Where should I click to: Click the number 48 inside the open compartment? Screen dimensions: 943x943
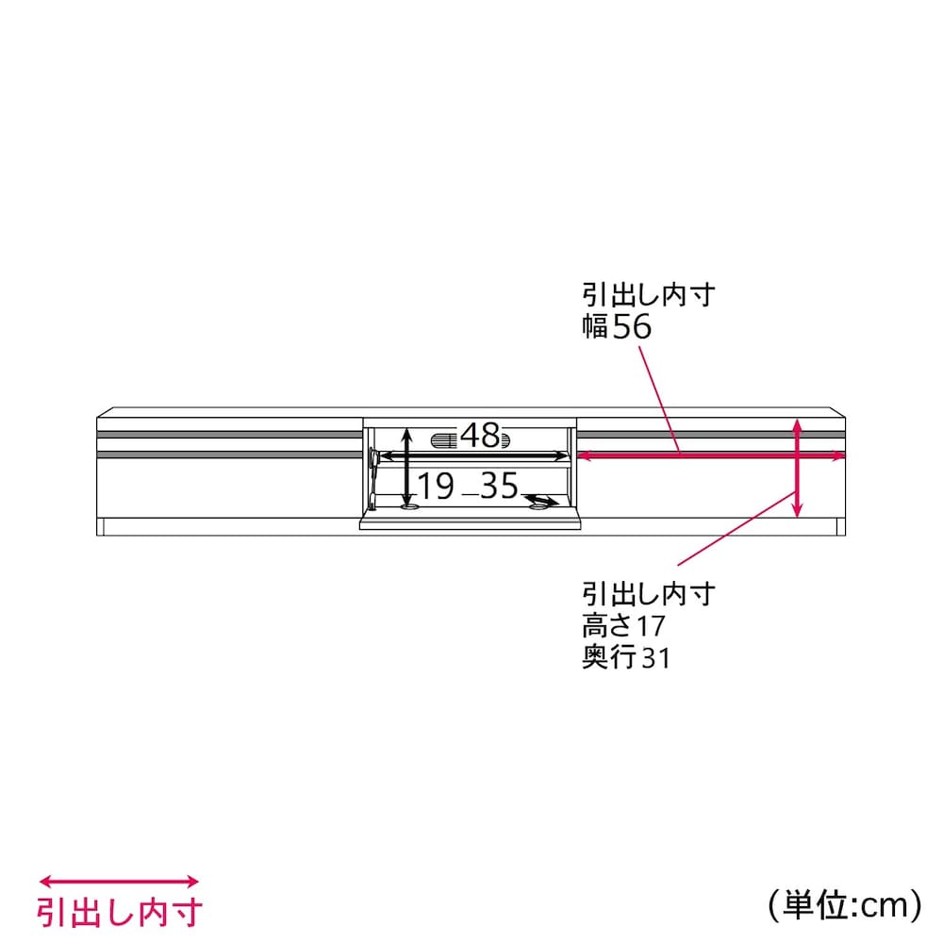click(480, 435)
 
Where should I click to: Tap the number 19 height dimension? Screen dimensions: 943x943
click(436, 486)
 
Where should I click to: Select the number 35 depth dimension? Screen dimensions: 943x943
click(499, 486)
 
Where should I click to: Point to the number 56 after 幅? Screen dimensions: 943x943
click(633, 326)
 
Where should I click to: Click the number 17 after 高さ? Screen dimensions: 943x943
click(650, 626)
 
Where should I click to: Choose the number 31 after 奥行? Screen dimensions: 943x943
click(655, 657)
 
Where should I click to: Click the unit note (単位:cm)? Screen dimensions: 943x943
click(844, 904)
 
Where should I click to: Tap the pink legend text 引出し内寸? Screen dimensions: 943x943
click(120, 913)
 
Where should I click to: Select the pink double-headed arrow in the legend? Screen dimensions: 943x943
click(119, 882)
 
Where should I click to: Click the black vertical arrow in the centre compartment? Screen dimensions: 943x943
click(407, 468)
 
